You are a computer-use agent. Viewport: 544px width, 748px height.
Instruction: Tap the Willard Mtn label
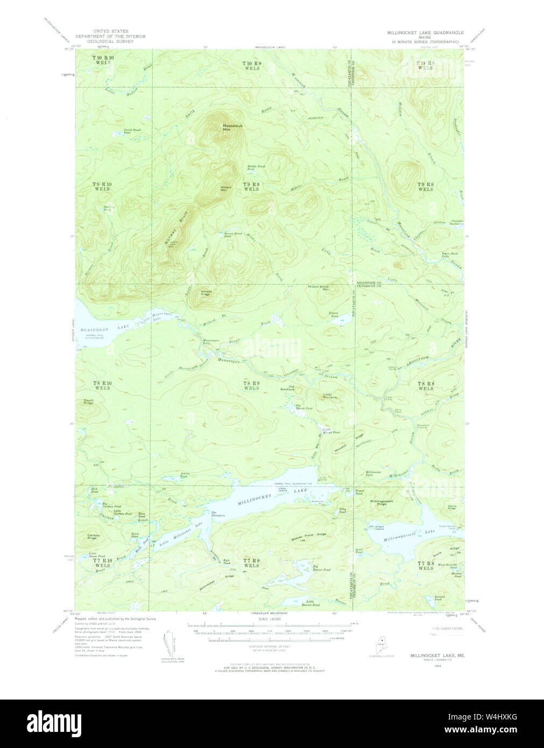click(x=226, y=189)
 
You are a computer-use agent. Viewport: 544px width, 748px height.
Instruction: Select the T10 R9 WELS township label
click(x=251, y=66)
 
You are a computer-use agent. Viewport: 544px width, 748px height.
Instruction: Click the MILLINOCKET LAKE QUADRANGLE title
click(x=425, y=32)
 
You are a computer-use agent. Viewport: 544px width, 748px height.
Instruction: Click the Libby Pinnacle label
click(x=330, y=396)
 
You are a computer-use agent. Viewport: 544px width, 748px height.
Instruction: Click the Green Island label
click(x=379, y=526)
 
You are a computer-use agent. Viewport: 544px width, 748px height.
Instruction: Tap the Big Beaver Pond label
click(x=322, y=569)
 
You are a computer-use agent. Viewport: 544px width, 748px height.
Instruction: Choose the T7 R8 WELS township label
click(x=425, y=566)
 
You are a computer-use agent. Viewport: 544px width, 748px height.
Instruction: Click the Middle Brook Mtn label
click(x=319, y=288)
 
